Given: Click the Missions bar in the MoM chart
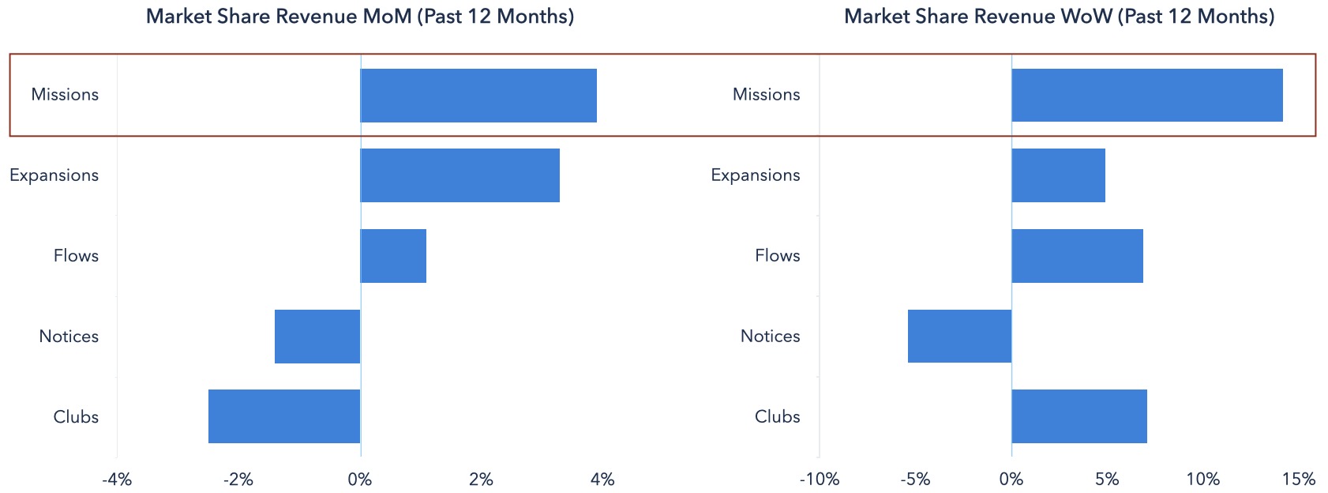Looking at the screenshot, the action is point(478,96).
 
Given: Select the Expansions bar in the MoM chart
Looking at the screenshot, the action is point(460,175).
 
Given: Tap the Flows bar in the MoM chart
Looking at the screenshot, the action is point(393,256).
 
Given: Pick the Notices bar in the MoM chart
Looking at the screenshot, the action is point(317,337).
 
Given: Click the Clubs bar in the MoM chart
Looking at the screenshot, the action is point(284,416).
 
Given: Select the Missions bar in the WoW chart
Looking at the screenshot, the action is point(1147,95).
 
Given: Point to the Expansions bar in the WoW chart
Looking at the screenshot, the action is point(1058,175).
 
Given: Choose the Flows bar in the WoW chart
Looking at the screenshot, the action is point(1077,256).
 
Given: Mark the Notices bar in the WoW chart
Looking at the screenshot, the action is point(960,336).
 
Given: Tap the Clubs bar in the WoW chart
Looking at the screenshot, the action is point(1079,416).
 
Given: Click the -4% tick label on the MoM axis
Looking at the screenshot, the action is point(117,480).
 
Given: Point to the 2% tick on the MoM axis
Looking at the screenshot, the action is point(482,480).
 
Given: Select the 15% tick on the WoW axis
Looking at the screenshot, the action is point(1299,480).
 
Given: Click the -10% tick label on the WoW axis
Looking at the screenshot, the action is point(820,480).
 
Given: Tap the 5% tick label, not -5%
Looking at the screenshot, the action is point(1107,480).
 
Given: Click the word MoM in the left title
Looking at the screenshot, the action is point(385,17).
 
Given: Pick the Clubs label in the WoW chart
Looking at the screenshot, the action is point(777,416).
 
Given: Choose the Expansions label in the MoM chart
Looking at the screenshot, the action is point(54,175).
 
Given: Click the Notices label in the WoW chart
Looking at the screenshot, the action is point(770,336).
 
